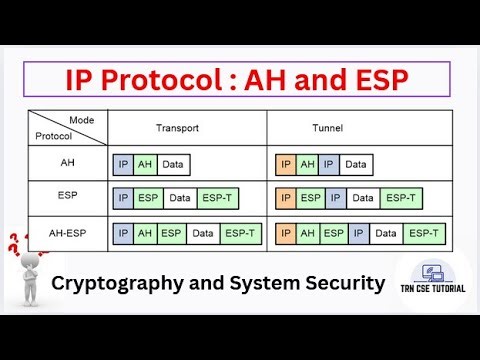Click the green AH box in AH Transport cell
[145, 163]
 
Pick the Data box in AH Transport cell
[173, 163]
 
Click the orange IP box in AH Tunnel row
[285, 163]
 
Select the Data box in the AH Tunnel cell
[356, 163]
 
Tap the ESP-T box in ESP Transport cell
[219, 198]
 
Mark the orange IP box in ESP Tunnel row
[285, 198]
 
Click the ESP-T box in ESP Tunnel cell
[399, 198]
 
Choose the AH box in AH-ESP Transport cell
[145, 233]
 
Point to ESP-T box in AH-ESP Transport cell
[240, 233]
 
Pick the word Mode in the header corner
[82, 119]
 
